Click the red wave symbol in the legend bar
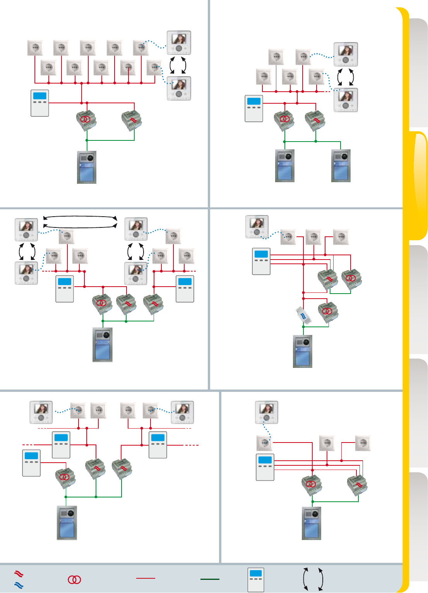[x=19, y=573]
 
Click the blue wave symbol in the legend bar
[x=19, y=585]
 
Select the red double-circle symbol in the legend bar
[x=74, y=579]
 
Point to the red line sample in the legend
[x=146, y=578]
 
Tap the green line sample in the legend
[x=210, y=579]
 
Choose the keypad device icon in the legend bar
[x=256, y=579]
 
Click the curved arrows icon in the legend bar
[x=313, y=579]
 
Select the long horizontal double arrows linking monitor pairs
[x=80, y=222]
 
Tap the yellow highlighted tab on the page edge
[x=418, y=186]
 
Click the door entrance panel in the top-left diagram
[x=87, y=167]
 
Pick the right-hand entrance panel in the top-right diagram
[x=341, y=166]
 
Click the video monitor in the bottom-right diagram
[x=267, y=412]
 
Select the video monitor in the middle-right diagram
[x=257, y=227]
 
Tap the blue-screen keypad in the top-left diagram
[x=40, y=103]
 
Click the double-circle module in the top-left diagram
[x=86, y=120]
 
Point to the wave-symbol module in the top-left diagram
[x=132, y=120]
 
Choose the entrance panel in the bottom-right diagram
[x=312, y=523]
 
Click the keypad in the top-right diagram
[x=254, y=109]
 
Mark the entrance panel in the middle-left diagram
[x=103, y=345]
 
